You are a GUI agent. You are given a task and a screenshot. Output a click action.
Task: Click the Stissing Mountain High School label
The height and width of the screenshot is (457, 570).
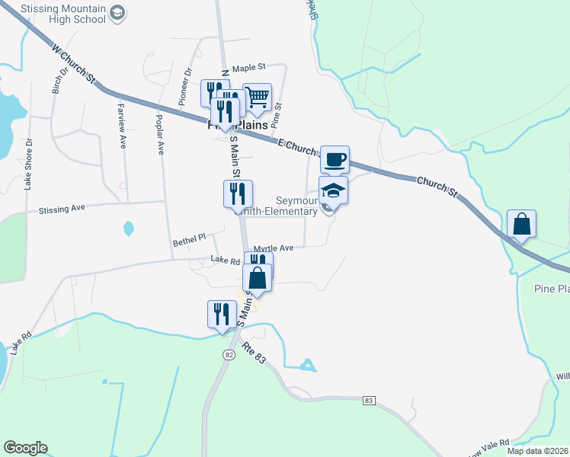62,13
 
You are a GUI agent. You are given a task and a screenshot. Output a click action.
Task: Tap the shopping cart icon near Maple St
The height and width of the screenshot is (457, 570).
258,97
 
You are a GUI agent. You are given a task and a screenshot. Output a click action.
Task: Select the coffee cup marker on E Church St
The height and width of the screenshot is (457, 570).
335,160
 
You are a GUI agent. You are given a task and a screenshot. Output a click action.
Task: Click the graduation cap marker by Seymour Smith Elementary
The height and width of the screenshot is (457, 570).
333,190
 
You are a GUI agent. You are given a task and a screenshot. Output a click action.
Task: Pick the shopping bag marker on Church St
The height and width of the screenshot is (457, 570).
521,225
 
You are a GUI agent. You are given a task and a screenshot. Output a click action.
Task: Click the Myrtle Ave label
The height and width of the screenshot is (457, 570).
274,248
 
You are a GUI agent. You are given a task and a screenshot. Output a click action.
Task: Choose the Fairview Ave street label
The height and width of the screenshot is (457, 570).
121,118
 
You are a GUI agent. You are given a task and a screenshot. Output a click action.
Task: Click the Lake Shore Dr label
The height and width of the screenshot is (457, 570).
28,163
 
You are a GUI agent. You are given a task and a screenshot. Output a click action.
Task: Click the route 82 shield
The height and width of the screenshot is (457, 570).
229,355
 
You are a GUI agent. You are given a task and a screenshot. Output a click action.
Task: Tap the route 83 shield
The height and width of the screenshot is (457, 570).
370,400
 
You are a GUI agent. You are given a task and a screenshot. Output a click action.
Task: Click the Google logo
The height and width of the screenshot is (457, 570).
25,448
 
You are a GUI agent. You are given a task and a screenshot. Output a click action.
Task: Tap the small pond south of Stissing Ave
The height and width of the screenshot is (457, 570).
128,228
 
